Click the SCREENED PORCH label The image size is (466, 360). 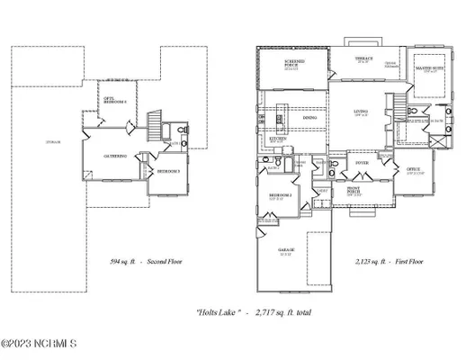coord(292,63)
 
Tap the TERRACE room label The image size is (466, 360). coord(364,58)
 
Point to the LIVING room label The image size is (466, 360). coord(360,112)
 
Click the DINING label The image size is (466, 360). coord(309,118)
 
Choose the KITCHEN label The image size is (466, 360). coord(279,140)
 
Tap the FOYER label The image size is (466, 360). coord(362,163)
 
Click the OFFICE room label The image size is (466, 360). coord(414,169)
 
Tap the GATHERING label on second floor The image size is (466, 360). coord(114,155)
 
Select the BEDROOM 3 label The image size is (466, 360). coord(168,170)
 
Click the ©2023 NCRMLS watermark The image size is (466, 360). coord(40,343)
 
